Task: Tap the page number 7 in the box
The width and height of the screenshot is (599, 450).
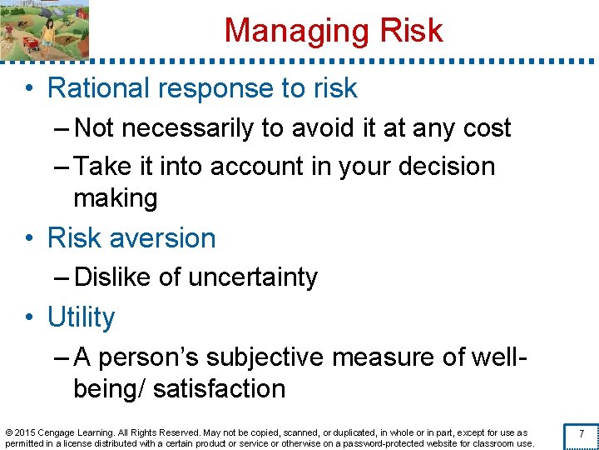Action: tap(581, 434)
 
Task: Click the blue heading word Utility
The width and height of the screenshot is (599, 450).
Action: tap(82, 317)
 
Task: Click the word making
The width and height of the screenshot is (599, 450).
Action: tap(115, 197)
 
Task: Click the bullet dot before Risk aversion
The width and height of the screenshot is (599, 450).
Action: tap(29, 239)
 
